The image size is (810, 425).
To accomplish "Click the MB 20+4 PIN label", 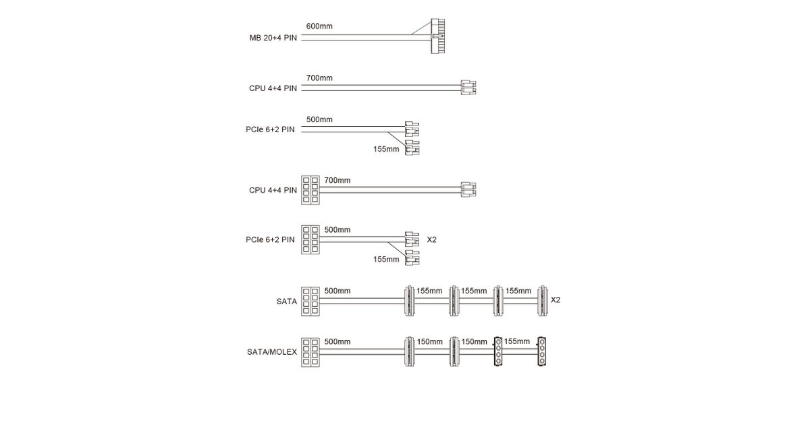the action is click(273, 38).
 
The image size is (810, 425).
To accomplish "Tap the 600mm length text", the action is click(319, 26).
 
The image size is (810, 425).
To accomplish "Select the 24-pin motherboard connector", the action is click(438, 36).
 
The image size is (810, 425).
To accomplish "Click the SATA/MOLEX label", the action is click(272, 352).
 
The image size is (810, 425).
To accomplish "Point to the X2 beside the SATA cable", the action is click(556, 300).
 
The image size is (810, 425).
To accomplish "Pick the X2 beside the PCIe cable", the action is click(432, 239).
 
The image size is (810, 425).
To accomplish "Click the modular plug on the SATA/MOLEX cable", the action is click(310, 352).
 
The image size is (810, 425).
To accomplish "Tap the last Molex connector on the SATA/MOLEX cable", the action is click(541, 351).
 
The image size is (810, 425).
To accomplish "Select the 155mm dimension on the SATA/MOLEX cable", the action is click(517, 341).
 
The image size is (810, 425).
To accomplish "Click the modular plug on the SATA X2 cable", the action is click(310, 302).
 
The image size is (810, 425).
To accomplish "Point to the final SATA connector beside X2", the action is click(543, 301).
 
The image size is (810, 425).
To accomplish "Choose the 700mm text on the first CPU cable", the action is click(319, 78).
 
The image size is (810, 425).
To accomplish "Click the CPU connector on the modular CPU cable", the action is click(468, 190).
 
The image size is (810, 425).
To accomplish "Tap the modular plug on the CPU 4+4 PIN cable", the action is click(310, 190).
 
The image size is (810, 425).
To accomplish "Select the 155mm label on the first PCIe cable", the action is click(386, 149).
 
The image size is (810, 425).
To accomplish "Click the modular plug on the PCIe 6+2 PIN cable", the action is click(310, 239).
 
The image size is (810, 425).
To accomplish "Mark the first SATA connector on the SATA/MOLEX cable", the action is click(409, 351).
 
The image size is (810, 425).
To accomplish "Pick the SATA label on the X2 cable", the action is click(286, 302).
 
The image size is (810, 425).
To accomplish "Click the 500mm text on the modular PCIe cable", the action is click(337, 230).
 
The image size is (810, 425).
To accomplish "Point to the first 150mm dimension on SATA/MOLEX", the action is click(429, 342).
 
